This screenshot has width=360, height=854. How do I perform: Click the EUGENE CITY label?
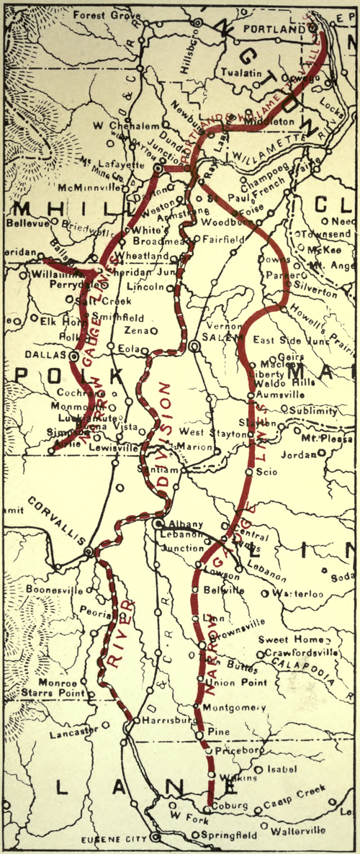119,839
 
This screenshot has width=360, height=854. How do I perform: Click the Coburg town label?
231,805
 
